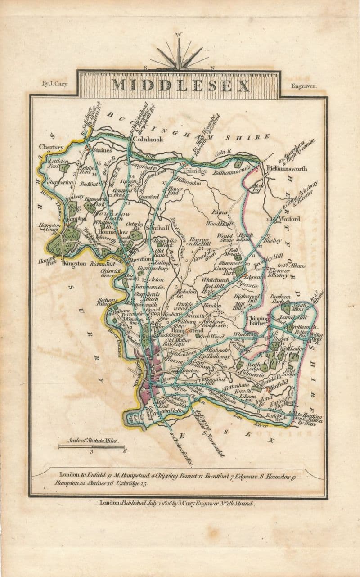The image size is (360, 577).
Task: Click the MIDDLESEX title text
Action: click(x=180, y=85)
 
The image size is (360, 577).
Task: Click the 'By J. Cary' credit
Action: click(x=54, y=84)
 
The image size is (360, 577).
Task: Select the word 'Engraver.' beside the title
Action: click(x=304, y=85)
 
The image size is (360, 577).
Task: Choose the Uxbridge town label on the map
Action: click(x=195, y=171)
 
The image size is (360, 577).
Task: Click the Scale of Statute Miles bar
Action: click(x=91, y=446)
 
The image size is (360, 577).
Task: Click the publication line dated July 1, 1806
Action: click(x=177, y=503)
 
